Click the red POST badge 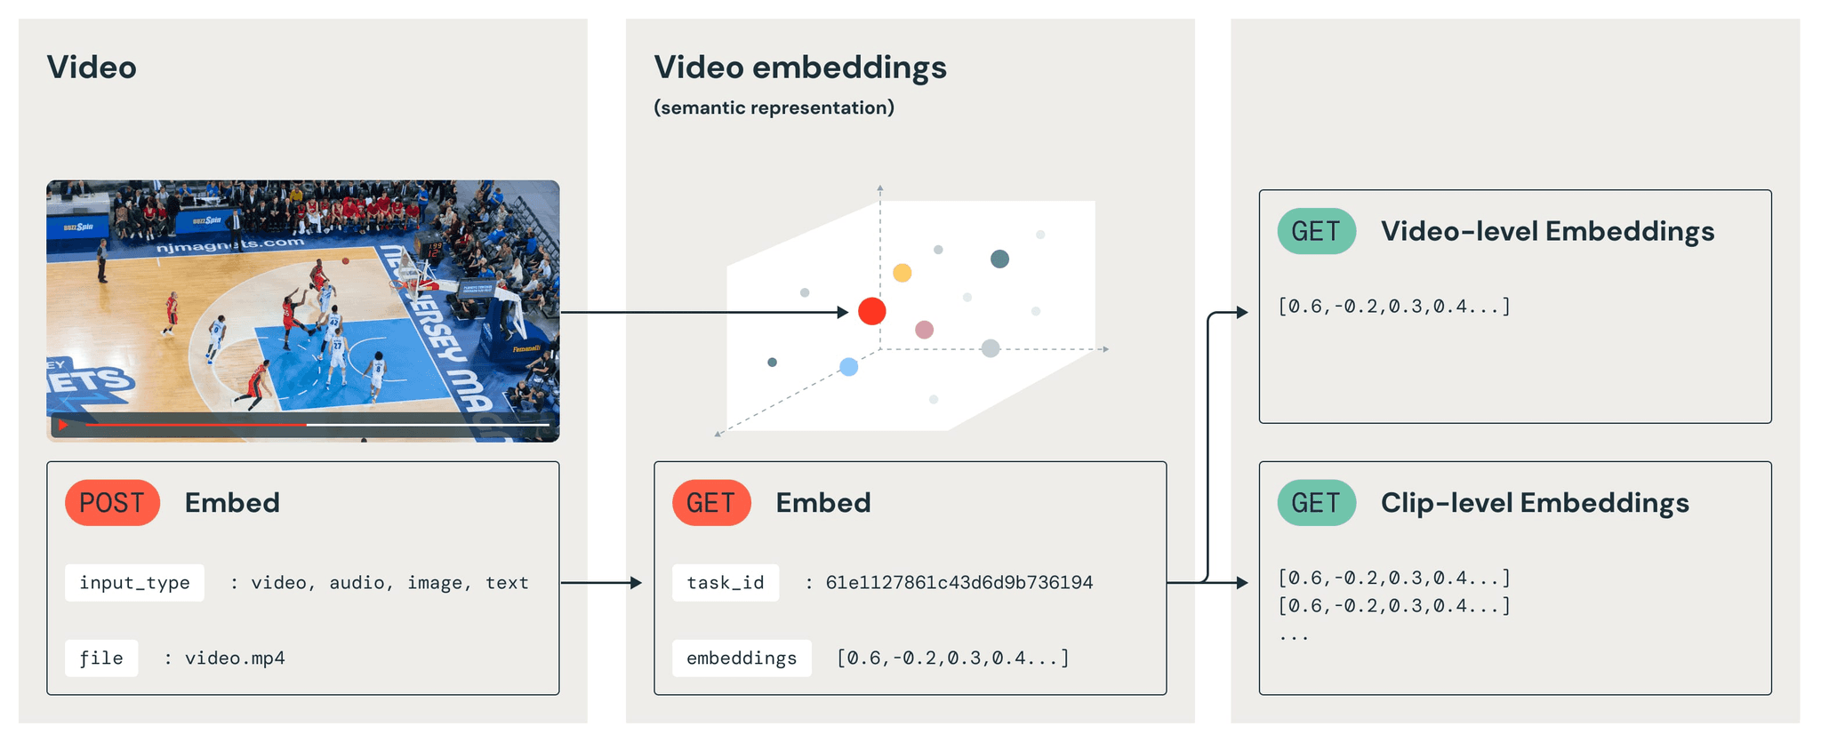click(112, 503)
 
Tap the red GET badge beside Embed click(711, 503)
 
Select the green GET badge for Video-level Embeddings click(1316, 232)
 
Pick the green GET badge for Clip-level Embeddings click(1316, 503)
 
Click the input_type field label click(134, 583)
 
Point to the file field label click(101, 658)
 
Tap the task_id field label click(725, 583)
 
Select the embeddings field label click(742, 658)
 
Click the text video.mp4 click(235, 658)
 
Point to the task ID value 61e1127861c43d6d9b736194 click(959, 583)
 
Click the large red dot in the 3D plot click(872, 311)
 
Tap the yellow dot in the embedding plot click(902, 273)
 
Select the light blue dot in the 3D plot click(849, 367)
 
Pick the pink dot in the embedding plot click(925, 330)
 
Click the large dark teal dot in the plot click(1000, 259)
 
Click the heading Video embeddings click(800, 68)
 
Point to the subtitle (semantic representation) click(774, 108)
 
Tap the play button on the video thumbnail click(63, 426)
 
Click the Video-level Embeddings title click(1547, 232)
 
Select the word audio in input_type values click(357, 583)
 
